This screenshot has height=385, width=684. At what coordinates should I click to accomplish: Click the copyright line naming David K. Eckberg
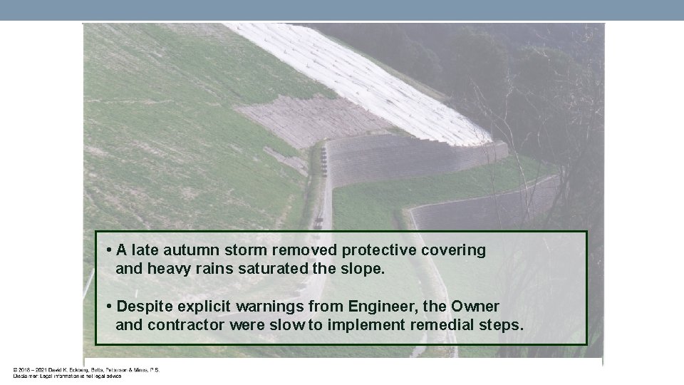pos(86,370)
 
